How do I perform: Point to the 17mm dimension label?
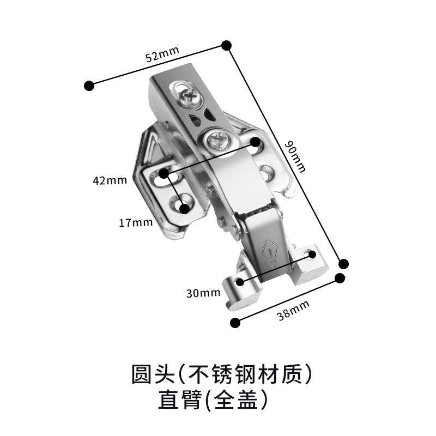click(135, 222)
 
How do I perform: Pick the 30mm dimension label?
click(203, 293)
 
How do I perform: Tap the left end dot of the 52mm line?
click(89, 85)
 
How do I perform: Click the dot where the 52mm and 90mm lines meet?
click(226, 45)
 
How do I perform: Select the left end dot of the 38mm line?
click(235, 323)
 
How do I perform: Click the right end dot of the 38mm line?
click(340, 278)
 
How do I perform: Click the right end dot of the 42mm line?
click(256, 141)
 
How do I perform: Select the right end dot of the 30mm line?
click(311, 255)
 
